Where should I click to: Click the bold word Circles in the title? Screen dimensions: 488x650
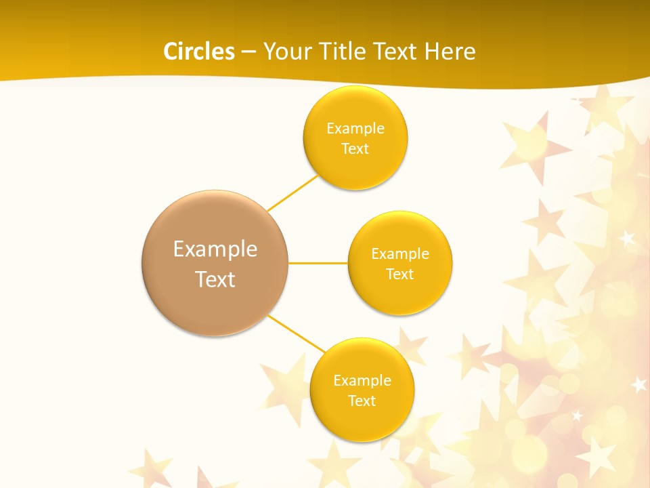point(199,52)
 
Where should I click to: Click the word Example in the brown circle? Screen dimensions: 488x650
point(215,249)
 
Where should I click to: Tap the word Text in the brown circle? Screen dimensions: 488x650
point(215,279)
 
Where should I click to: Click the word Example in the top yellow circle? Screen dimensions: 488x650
point(355,128)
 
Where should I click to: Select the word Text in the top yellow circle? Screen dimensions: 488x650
point(355,148)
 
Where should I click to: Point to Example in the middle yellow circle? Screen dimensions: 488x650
point(400,253)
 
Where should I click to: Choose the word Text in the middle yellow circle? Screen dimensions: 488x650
point(400,274)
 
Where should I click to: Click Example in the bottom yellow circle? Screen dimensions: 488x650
point(362,380)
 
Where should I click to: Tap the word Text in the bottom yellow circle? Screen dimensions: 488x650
point(362,401)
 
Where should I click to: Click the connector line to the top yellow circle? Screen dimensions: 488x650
point(292,192)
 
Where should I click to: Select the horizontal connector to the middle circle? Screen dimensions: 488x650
point(318,263)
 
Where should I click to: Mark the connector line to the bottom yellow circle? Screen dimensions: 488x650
point(297,333)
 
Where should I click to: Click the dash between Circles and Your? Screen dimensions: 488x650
point(248,52)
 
